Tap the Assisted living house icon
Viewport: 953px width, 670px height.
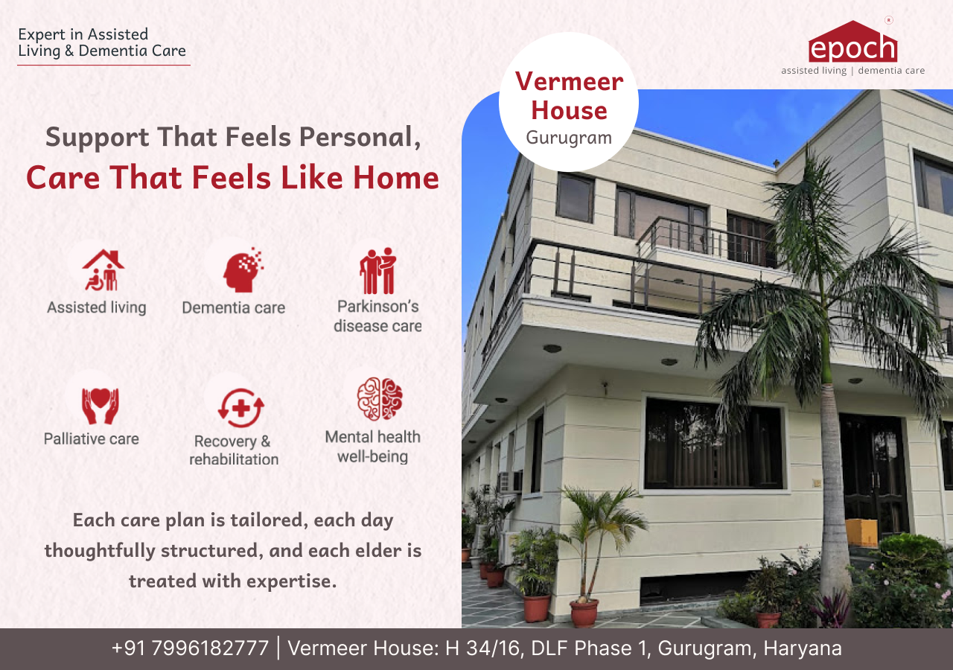(x=103, y=270)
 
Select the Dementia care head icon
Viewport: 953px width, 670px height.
(x=243, y=269)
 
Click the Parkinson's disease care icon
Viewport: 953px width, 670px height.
(x=377, y=270)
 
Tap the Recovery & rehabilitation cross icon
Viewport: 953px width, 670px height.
(x=240, y=408)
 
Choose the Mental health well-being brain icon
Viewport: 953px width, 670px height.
(x=380, y=399)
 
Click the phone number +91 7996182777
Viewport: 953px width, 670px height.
(x=190, y=648)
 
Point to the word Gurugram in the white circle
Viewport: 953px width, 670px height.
(x=569, y=138)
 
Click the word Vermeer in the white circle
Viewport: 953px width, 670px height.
(x=570, y=81)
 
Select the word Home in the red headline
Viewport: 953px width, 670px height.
(x=395, y=177)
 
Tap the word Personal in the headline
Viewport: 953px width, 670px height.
(x=360, y=138)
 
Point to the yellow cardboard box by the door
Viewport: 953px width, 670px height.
(x=862, y=532)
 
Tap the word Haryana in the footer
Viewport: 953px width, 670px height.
(x=803, y=648)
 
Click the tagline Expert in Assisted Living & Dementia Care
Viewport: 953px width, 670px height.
(x=102, y=42)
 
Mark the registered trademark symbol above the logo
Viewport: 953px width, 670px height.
(x=889, y=20)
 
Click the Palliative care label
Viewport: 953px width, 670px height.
(x=92, y=439)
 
